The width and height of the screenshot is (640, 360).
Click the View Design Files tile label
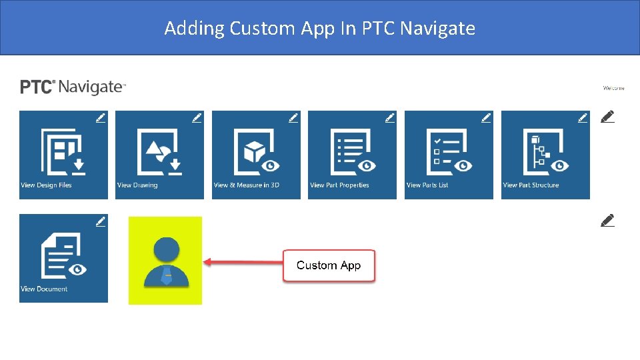click(x=46, y=185)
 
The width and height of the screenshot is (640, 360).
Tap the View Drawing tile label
click(x=137, y=185)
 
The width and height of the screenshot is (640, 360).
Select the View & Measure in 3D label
click(x=247, y=185)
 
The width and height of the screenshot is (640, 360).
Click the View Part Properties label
click(x=339, y=185)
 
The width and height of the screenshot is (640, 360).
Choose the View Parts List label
click(x=427, y=185)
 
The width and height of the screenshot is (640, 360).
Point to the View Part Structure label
click(x=531, y=185)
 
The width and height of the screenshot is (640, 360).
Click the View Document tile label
click(x=44, y=289)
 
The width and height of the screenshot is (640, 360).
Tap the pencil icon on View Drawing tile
click(x=197, y=118)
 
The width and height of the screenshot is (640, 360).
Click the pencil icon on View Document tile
click(x=100, y=221)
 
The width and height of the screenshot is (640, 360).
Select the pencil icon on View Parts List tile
click(x=486, y=118)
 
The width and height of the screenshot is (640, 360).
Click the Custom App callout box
click(x=329, y=265)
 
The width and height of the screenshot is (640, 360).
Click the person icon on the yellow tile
click(x=167, y=261)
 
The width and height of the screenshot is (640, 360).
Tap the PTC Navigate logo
click(x=73, y=87)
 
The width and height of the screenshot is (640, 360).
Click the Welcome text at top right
click(x=613, y=88)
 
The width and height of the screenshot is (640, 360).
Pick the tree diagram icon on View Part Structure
click(x=539, y=150)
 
